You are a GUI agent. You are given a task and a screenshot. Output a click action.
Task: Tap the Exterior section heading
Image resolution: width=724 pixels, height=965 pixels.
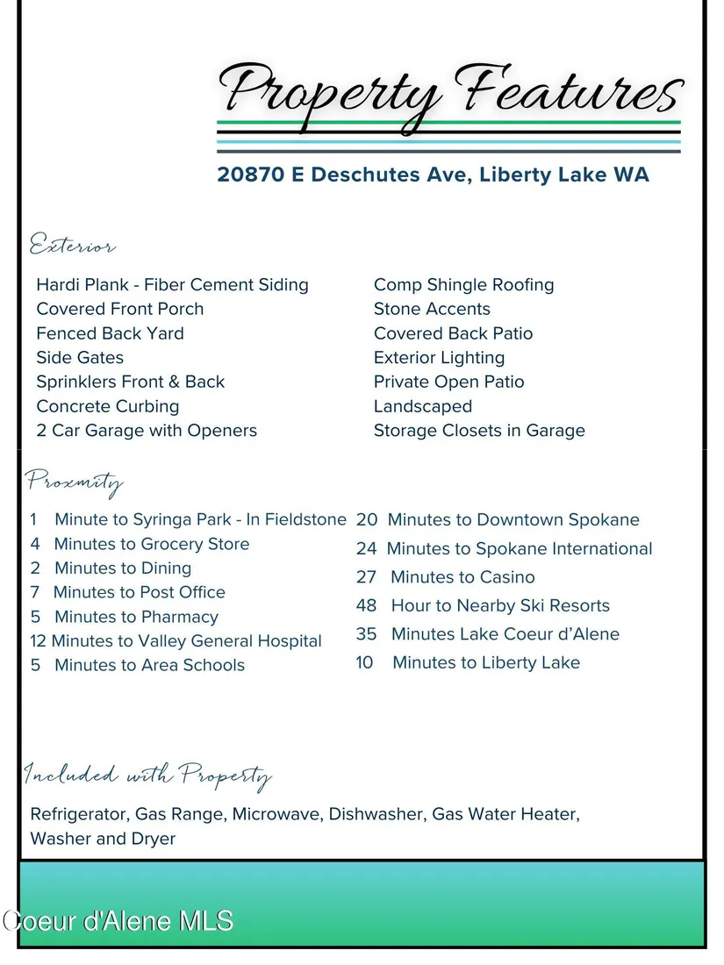tap(73, 246)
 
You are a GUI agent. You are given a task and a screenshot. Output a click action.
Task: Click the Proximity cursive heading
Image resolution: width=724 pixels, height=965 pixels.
tap(75, 482)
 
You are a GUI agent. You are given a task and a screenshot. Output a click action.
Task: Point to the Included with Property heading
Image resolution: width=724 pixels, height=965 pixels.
tap(147, 776)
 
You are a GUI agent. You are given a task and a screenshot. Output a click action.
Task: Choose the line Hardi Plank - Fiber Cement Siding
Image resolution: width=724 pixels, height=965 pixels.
tap(172, 285)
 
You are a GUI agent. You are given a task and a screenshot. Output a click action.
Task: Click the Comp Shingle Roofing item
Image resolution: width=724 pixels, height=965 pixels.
tap(463, 285)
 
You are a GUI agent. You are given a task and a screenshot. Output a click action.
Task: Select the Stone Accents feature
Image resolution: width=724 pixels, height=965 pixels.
tap(432, 309)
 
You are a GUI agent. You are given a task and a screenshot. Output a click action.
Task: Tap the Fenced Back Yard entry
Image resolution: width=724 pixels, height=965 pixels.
tap(110, 333)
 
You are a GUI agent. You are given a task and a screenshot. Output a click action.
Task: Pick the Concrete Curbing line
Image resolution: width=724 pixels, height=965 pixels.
tap(107, 406)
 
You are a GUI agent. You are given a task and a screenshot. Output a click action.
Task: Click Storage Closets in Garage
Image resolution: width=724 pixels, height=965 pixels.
tap(479, 431)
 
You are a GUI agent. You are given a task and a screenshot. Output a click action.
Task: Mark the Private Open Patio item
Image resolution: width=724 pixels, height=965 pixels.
tap(448, 382)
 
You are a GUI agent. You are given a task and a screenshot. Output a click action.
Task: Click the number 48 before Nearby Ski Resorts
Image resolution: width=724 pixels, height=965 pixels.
tap(366, 605)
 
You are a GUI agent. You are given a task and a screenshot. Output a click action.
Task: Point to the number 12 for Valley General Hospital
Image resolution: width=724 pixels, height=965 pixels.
tap(38, 641)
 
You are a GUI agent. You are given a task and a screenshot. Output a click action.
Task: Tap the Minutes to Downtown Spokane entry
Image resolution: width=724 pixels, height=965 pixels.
tap(513, 520)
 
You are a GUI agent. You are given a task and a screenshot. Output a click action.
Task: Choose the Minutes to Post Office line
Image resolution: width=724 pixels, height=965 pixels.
tap(140, 592)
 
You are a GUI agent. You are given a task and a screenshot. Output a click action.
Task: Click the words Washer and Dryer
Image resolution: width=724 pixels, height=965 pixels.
tap(103, 839)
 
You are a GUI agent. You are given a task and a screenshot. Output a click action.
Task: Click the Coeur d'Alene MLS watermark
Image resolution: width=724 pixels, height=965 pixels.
tap(118, 921)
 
